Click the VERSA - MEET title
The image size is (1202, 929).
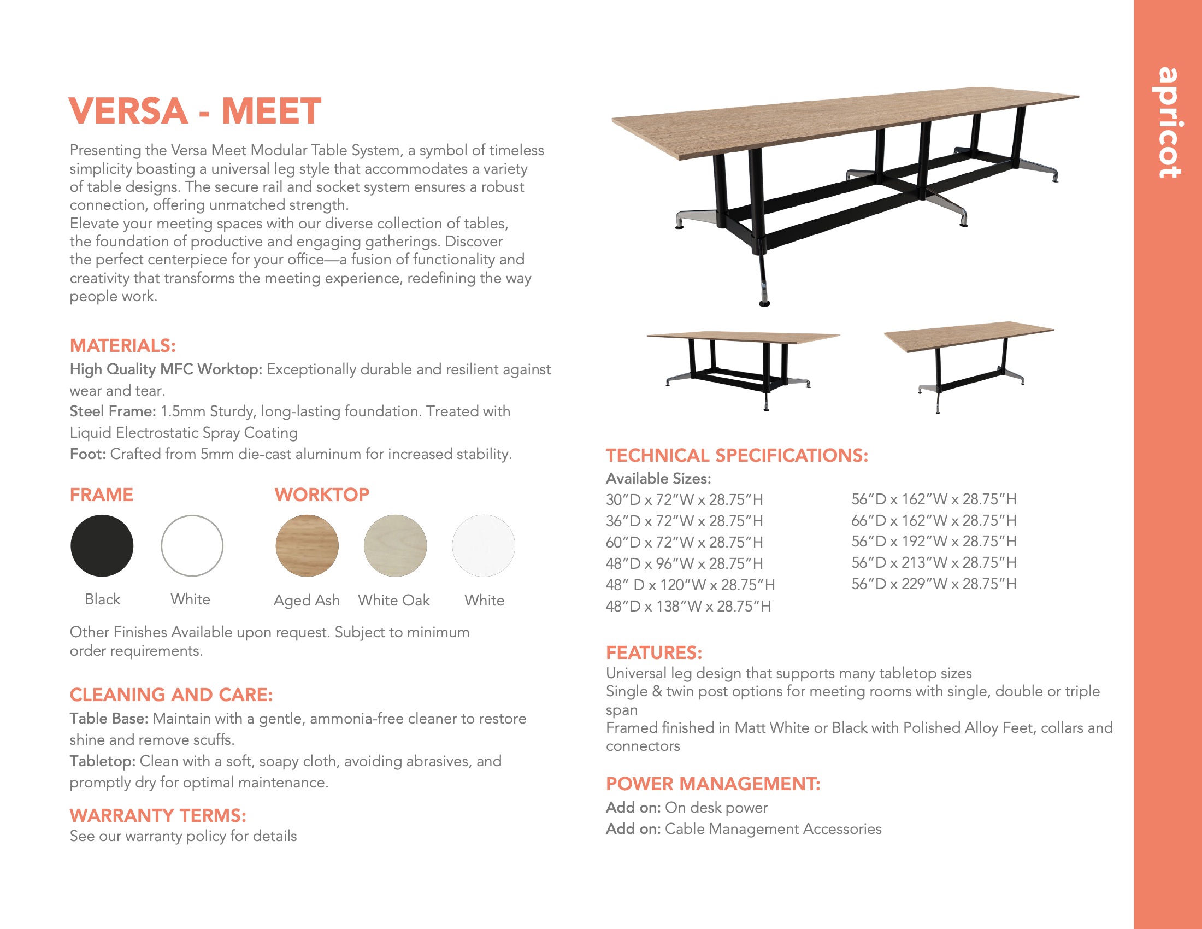pos(195,110)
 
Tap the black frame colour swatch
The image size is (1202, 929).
pos(102,545)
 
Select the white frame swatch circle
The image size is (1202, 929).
pos(192,545)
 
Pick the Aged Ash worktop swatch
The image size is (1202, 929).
pos(307,545)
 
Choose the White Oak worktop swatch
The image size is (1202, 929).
pos(394,545)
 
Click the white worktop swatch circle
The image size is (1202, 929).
pos(483,545)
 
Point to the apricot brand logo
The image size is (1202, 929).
pos(1169,122)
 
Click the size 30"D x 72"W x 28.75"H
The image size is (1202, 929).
pos(684,499)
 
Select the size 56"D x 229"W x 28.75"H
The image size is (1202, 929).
pos(933,584)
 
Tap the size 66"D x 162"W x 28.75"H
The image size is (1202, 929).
pos(933,521)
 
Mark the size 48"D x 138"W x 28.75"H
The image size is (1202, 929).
pos(688,606)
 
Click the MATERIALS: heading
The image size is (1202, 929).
pos(122,345)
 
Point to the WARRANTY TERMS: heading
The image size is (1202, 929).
pos(157,815)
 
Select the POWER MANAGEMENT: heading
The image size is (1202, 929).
pos(712,784)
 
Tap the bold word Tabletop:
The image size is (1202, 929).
pos(102,761)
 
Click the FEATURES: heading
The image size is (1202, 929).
pos(654,652)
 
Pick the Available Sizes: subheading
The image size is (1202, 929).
pos(658,478)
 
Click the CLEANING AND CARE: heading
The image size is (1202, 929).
pos(170,695)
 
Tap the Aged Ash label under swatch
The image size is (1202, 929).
pos(307,600)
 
